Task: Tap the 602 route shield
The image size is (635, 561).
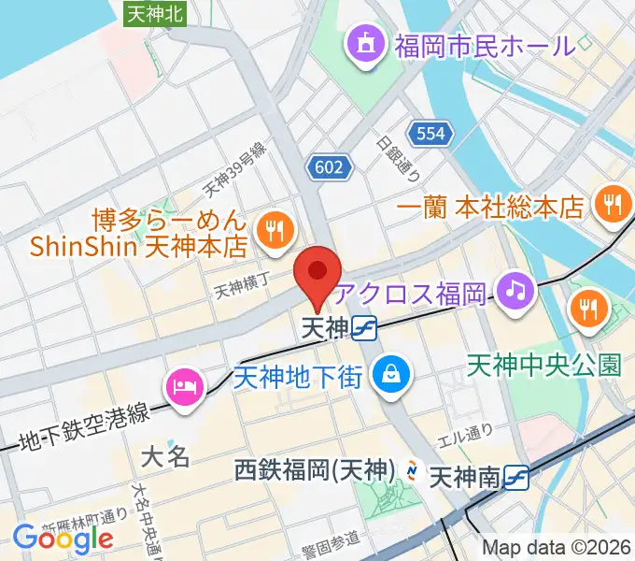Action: coord(330,167)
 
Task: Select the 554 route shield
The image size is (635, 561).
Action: coord(430,135)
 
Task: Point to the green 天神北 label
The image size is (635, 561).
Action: coord(156,12)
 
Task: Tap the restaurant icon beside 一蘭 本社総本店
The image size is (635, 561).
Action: coord(612,204)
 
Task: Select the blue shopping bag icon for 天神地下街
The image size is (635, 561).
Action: coord(386,376)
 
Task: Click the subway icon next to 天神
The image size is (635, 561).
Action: coord(365,328)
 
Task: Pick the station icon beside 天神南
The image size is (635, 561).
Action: coord(515,478)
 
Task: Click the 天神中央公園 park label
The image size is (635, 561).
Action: coord(543,363)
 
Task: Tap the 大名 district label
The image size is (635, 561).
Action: coord(166,456)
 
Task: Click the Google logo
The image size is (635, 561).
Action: coord(63,538)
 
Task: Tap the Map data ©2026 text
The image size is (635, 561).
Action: coord(557,549)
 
